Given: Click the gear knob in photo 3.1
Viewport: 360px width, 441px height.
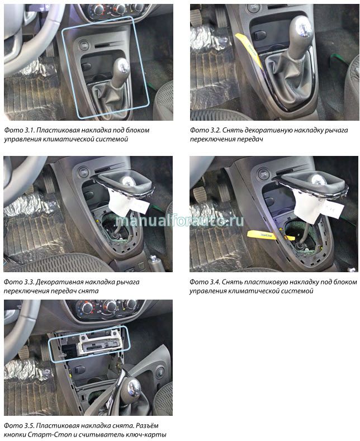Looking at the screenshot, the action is point(122,67).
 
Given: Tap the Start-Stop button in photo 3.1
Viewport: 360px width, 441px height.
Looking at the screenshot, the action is point(84,45).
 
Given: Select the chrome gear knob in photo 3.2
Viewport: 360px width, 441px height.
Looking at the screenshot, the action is point(301,28).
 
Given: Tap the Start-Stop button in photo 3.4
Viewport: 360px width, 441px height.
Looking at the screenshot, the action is point(264,174).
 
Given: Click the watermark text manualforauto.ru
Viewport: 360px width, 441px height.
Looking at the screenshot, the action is point(179,220).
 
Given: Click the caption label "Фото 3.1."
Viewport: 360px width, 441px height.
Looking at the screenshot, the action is point(19,130).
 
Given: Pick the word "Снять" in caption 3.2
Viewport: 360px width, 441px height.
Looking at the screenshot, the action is point(232,130).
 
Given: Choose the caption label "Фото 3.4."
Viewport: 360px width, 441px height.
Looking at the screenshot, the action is point(205,282).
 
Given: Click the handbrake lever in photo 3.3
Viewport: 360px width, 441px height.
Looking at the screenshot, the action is point(156,263).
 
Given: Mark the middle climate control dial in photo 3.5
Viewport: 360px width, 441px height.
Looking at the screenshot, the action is point(110,306).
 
